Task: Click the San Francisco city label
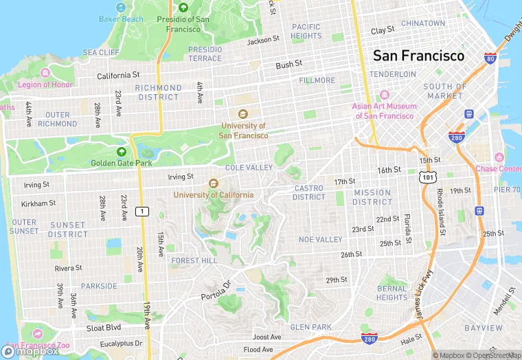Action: pyautogui.click(x=418, y=56)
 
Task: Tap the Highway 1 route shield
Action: pyautogui.click(x=142, y=211)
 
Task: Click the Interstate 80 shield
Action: pyautogui.click(x=490, y=58)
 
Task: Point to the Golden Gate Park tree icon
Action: pyautogui.click(x=122, y=152)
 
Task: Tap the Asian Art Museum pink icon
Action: pyautogui.click(x=384, y=95)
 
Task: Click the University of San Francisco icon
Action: pyautogui.click(x=242, y=114)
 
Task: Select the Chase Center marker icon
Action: pyautogui.click(x=499, y=158)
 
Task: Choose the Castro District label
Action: pyautogui.click(x=309, y=192)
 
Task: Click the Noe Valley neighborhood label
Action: pyautogui.click(x=320, y=240)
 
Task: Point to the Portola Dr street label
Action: pyautogui.click(x=218, y=287)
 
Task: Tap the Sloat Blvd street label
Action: pyautogui.click(x=104, y=328)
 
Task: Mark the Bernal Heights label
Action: pyautogui.click(x=391, y=293)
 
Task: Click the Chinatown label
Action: pyautogui.click(x=423, y=23)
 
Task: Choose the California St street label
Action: pyautogui.click(x=118, y=75)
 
